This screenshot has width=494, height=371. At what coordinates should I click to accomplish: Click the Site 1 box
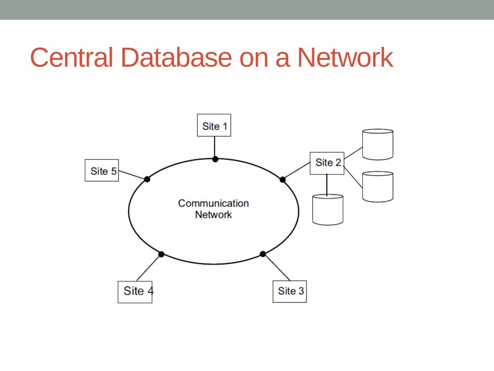pyautogui.click(x=214, y=125)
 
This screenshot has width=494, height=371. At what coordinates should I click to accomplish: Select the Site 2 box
pyautogui.click(x=327, y=163)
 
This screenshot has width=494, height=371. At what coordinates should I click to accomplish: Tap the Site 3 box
pyautogui.click(x=290, y=291)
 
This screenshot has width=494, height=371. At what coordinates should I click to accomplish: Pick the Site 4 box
pyautogui.click(x=135, y=292)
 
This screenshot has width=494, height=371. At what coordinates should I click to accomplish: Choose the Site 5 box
pyautogui.click(x=102, y=170)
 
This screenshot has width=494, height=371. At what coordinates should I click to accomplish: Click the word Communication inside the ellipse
pyautogui.click(x=213, y=203)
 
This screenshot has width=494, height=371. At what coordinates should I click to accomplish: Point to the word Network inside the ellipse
pyautogui.click(x=213, y=215)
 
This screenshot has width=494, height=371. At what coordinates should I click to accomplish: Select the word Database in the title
pyautogui.click(x=176, y=57)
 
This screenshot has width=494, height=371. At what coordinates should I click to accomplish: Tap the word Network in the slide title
pyautogui.click(x=344, y=57)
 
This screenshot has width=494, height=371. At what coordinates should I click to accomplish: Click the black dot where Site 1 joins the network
pyautogui.click(x=215, y=159)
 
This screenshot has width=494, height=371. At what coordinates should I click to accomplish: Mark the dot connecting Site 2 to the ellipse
pyautogui.click(x=283, y=179)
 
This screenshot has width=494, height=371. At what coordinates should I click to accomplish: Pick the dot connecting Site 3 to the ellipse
pyautogui.click(x=263, y=254)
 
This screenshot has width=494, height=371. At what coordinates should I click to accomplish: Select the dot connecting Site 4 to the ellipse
pyautogui.click(x=161, y=254)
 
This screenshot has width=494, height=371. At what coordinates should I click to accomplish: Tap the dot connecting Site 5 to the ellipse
pyautogui.click(x=147, y=179)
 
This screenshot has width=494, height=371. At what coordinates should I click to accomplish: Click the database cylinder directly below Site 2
pyautogui.click(x=328, y=210)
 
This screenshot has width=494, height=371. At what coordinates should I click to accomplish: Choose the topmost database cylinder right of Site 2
pyautogui.click(x=377, y=144)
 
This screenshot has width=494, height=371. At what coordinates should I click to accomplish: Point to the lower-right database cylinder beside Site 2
pyautogui.click(x=377, y=187)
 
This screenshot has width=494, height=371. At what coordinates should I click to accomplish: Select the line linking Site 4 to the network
pyautogui.click(x=149, y=268)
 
